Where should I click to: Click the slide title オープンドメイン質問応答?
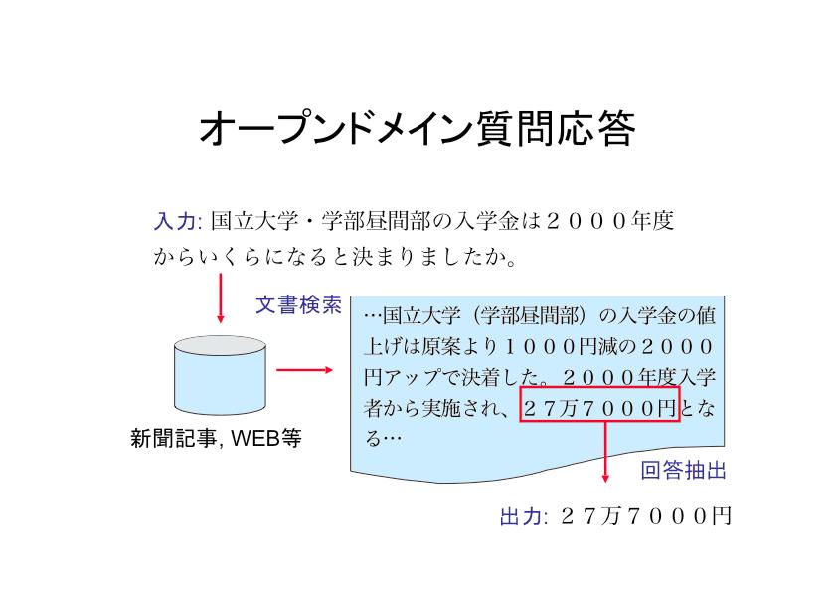417,128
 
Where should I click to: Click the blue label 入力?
177,221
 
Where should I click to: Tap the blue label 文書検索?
298,305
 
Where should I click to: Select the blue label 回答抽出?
683,471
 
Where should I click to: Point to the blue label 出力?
524,516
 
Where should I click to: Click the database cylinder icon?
220,375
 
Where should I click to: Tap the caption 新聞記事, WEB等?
216,438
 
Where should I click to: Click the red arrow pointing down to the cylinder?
220,298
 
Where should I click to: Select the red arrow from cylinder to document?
305,370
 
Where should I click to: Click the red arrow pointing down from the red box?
604,452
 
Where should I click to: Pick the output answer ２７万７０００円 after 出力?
645,516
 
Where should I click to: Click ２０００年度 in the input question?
609,220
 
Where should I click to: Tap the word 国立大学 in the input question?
254,221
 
